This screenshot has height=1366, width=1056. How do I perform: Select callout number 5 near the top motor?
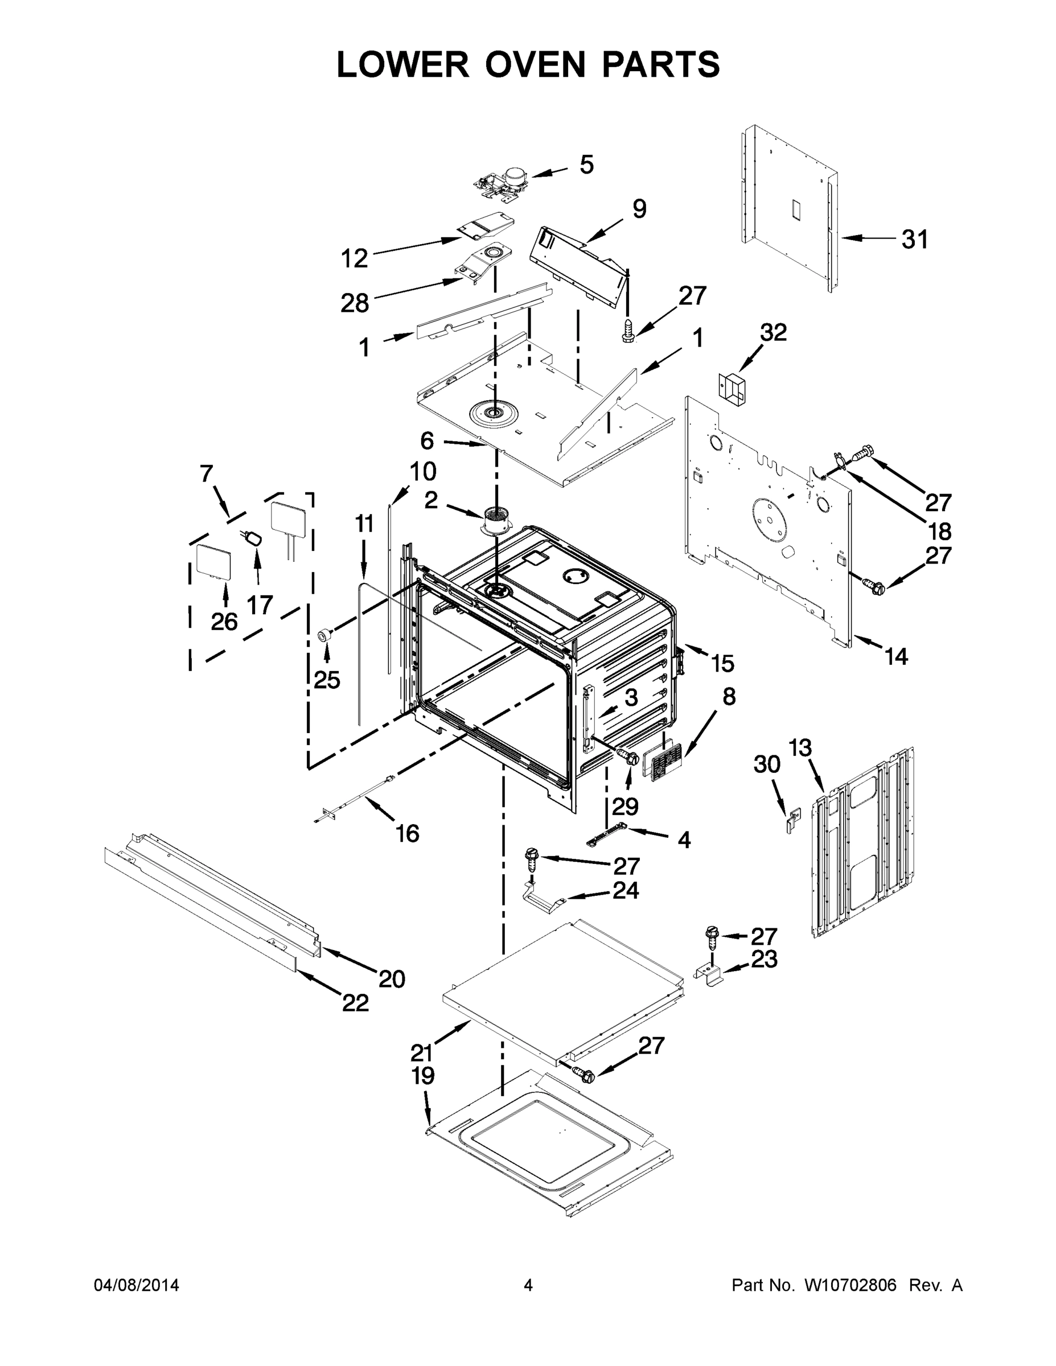tap(586, 165)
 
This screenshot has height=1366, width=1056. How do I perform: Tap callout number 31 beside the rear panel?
tap(915, 239)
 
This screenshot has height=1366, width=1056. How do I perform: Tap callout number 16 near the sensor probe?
tap(407, 833)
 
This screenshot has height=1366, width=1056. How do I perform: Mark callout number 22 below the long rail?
tap(355, 1003)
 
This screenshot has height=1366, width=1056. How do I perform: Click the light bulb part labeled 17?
tap(254, 538)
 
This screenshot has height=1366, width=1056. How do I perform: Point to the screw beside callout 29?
tap(627, 756)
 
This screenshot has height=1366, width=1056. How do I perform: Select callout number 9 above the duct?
tap(639, 209)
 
